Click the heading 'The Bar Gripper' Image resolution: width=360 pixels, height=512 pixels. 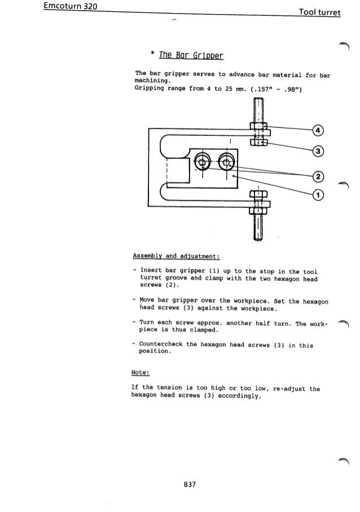[191, 55]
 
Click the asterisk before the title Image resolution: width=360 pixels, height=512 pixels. [152, 55]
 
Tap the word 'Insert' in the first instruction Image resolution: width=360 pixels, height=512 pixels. [151, 270]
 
